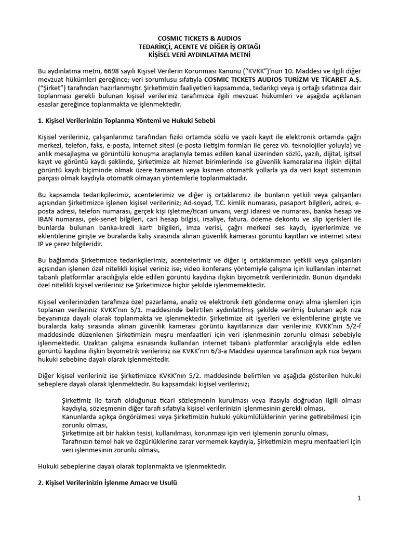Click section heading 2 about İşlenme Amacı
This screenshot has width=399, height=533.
(108, 483)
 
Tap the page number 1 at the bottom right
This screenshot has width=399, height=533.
(358, 498)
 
